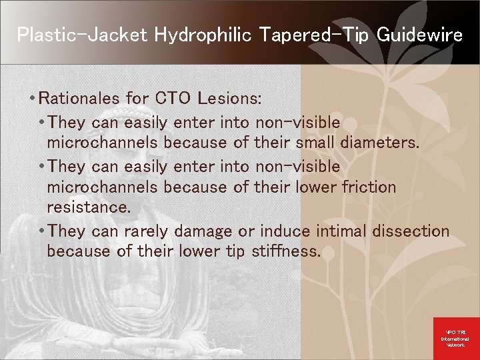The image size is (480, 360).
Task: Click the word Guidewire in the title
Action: click(x=419, y=35)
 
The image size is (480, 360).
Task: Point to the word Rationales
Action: click(x=80, y=99)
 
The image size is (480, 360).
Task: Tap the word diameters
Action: click(x=379, y=143)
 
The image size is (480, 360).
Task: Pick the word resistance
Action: click(x=88, y=207)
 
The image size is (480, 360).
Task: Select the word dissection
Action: click(x=412, y=231)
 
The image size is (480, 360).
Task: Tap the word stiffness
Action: click(x=286, y=251)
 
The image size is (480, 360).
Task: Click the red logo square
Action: click(x=456, y=337)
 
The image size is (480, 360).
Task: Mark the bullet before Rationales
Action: click(x=32, y=99)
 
